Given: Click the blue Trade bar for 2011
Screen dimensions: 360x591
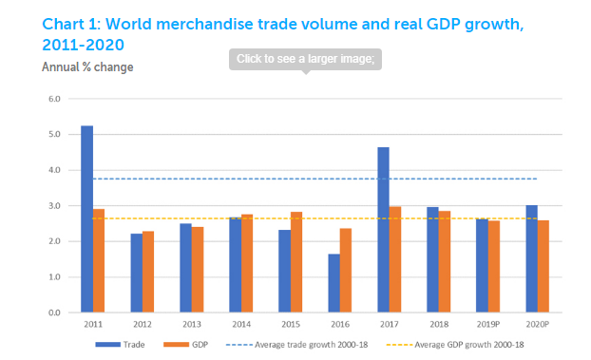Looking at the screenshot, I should [x=86, y=218].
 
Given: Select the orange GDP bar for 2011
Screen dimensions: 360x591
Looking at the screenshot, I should [x=99, y=260].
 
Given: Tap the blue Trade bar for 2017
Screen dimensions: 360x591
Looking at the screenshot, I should [x=383, y=229].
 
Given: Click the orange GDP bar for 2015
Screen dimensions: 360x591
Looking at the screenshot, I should [x=296, y=262].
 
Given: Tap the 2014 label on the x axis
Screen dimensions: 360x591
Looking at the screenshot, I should [x=240, y=325].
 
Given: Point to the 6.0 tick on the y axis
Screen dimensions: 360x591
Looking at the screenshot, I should [x=54, y=99].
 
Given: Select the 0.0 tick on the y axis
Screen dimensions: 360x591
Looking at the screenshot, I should [x=54, y=313].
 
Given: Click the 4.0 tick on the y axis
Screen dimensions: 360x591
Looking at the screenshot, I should [x=54, y=170].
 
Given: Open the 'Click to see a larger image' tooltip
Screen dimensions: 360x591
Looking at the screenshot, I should [x=306, y=59].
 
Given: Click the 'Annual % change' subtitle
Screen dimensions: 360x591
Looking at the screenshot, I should [x=87, y=67].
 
